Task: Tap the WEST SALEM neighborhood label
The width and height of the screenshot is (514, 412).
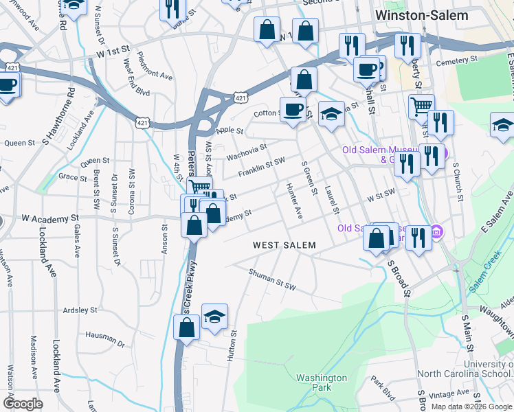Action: tap(284, 245)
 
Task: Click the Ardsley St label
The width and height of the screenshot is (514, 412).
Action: tap(79, 310)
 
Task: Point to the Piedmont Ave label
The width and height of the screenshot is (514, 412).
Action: tap(155, 65)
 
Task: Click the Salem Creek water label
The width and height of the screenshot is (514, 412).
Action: tap(487, 277)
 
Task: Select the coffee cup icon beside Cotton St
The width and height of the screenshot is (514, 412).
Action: tap(293, 109)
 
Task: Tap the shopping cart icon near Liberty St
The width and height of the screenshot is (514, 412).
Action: tap(421, 106)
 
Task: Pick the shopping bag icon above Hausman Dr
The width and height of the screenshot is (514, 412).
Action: tap(187, 328)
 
